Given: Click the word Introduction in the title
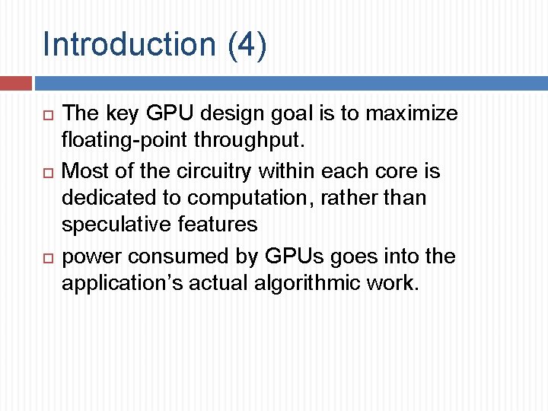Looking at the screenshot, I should click(x=130, y=44).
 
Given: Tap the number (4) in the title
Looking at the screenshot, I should click(x=247, y=44).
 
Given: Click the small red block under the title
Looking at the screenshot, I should click(x=15, y=83).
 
